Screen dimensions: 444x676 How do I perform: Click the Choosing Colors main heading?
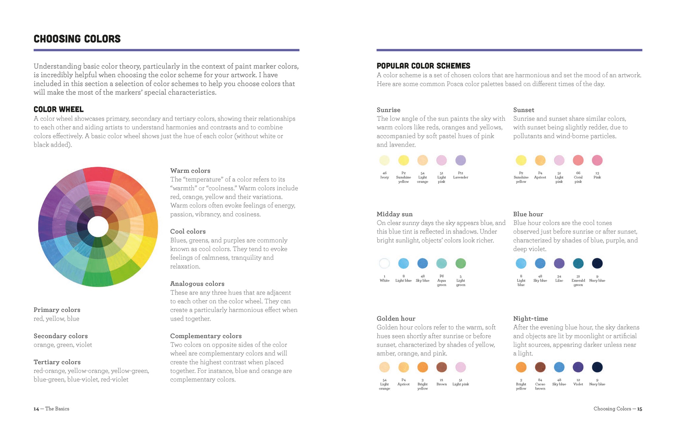[77, 39]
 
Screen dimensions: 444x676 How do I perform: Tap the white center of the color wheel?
[98, 227]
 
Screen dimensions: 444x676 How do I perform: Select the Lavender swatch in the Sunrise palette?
[460, 160]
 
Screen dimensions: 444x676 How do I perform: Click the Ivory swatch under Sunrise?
[385, 160]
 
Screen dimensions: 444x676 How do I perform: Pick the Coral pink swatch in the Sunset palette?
[578, 160]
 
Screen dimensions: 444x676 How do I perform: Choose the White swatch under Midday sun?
[385, 263]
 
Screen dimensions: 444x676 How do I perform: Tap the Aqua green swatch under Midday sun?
[441, 263]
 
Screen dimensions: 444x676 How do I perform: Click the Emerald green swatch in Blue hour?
[578, 263]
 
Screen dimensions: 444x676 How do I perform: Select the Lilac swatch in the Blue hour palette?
[559, 263]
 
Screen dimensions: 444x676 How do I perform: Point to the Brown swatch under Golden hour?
[441, 367]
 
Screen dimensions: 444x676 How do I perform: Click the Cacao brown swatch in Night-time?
[540, 367]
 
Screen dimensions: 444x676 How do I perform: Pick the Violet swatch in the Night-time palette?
[578, 367]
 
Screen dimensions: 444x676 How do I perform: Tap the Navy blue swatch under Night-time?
[597, 367]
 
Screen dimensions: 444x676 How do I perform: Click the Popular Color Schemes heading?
[423, 66]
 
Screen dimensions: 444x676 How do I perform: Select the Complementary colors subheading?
[206, 336]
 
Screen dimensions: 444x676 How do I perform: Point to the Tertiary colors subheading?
[57, 362]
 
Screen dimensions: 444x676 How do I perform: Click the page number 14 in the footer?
[36, 409]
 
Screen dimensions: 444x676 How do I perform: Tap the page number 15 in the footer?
[640, 409]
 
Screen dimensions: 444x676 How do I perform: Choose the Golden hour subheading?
[396, 319]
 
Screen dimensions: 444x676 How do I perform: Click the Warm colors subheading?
[190, 171]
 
